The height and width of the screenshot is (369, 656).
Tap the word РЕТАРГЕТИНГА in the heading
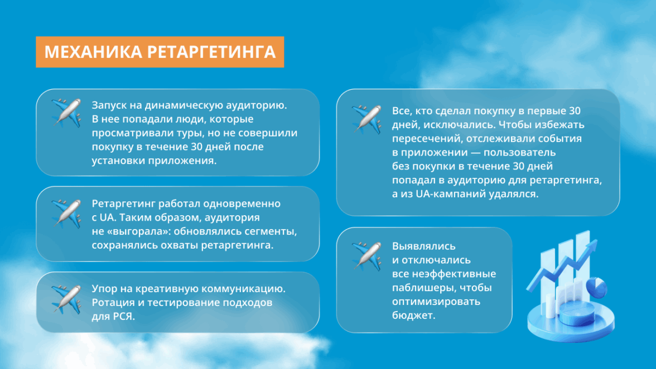point(211,52)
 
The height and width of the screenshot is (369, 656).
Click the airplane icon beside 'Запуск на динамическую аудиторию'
point(66,113)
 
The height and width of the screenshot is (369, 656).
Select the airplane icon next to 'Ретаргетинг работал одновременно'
point(66,213)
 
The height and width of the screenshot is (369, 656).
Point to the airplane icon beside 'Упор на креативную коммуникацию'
point(66,299)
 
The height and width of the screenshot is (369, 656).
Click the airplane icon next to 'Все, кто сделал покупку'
point(366,119)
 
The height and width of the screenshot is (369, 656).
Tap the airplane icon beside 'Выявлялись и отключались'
point(366,256)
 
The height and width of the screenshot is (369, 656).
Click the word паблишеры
point(425,288)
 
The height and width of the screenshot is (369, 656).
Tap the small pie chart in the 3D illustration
point(597,287)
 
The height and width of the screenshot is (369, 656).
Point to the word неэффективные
point(454,274)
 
